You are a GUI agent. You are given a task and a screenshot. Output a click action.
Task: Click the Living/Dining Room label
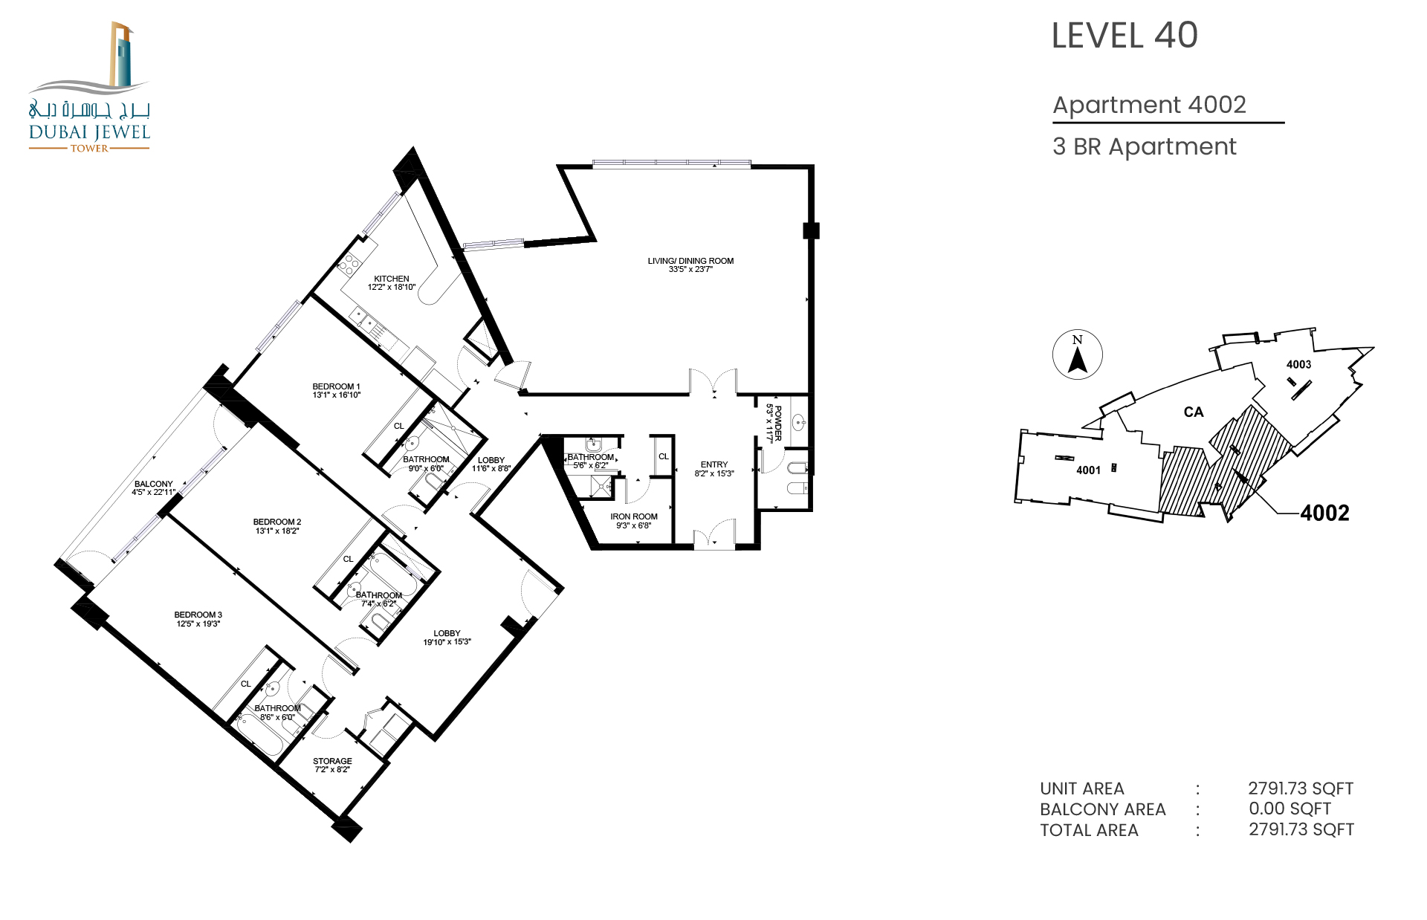[690, 261]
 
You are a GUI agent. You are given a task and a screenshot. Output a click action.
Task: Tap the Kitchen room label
[392, 279]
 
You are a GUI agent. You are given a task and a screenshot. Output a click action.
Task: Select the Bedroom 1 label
[336, 386]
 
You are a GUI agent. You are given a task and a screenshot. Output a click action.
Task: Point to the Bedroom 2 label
[277, 522]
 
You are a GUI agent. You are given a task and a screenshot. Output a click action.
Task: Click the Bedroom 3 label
[198, 615]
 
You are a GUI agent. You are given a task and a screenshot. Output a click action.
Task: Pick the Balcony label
[154, 484]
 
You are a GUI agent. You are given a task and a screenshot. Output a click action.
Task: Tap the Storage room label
[332, 761]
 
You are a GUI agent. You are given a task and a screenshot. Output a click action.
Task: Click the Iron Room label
[634, 516]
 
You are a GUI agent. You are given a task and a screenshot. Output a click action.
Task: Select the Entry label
[714, 464]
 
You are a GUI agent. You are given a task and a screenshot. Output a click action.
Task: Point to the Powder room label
[778, 424]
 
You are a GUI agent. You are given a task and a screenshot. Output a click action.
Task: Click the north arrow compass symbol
[1078, 354]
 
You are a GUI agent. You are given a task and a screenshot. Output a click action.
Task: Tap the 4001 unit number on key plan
[1088, 470]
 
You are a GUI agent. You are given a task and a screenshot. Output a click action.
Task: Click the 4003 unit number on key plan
[1298, 364]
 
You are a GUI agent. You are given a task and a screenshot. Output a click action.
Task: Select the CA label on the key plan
[1194, 412]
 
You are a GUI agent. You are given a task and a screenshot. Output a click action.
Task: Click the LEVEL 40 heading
[1125, 36]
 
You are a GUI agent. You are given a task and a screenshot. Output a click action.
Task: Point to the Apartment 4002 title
[1149, 105]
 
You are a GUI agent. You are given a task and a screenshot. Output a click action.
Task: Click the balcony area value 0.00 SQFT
[1290, 809]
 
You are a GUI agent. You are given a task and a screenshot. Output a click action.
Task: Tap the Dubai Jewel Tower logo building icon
[120, 54]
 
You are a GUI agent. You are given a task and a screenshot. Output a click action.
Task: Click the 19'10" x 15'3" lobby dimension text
[447, 642]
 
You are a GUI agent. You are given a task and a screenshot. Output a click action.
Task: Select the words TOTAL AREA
[1089, 830]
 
